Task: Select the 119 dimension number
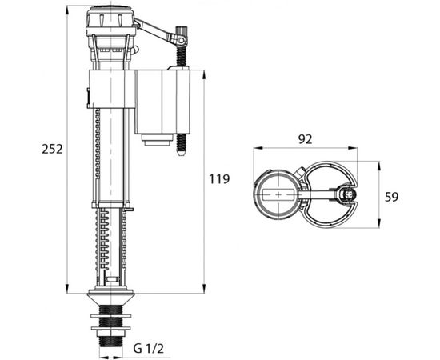tap(220, 179)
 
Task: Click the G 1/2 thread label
tap(150, 350)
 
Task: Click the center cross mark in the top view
tap(278, 194)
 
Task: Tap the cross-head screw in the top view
tap(346, 194)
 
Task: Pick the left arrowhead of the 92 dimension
tap(256, 150)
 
